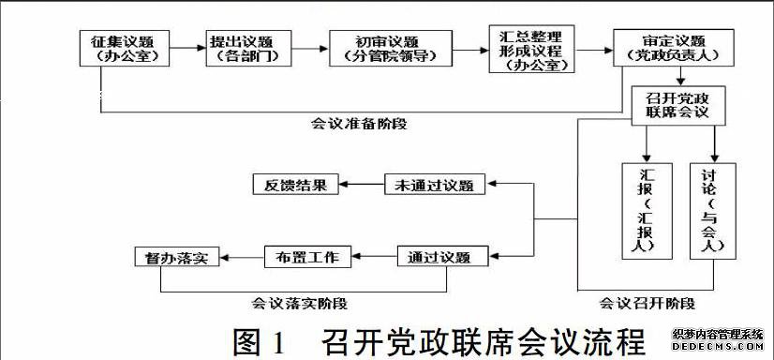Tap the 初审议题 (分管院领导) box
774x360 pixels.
pos(386,49)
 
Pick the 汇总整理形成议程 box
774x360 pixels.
pos(531,49)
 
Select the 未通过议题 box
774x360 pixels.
pos(435,185)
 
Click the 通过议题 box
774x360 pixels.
pos(433,257)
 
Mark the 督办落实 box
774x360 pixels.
pos(176,257)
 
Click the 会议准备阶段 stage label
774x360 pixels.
pos(364,124)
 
